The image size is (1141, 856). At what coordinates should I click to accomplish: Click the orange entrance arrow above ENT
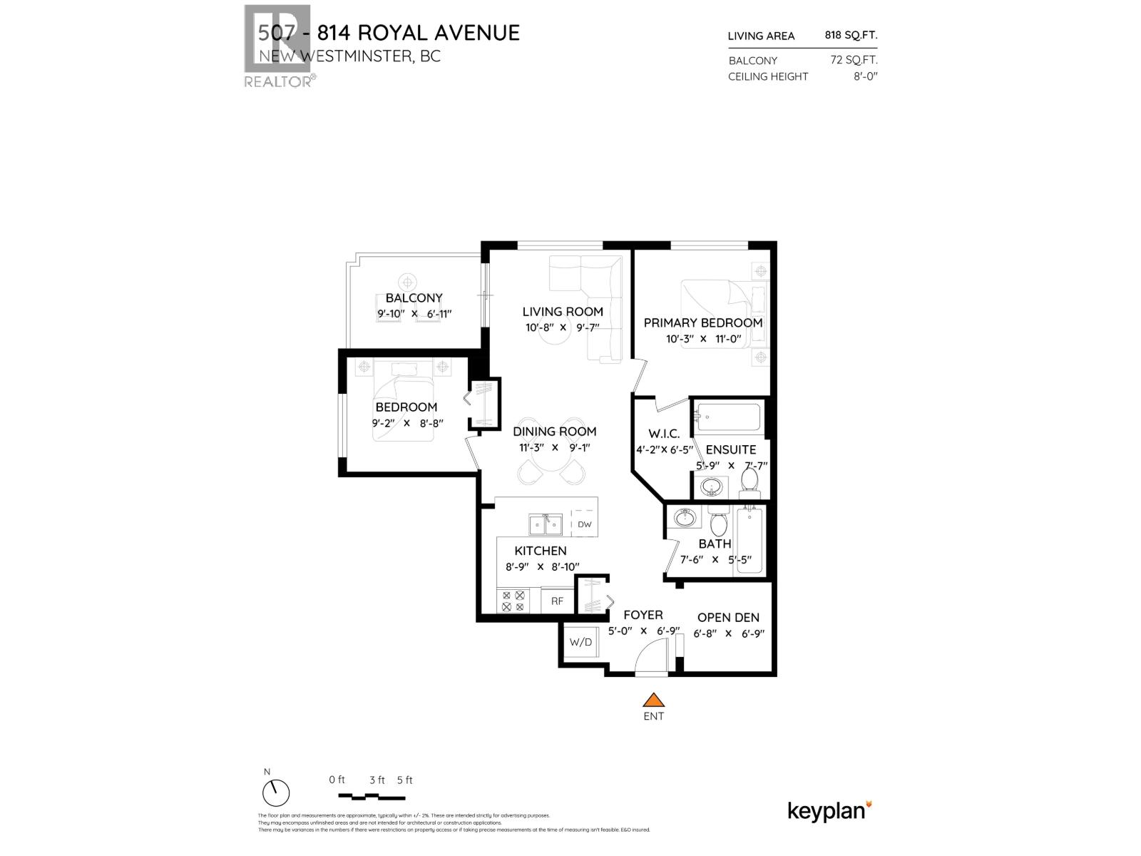click(x=653, y=700)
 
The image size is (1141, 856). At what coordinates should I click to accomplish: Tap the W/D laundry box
click(x=580, y=642)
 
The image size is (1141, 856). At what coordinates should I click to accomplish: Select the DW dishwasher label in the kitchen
click(x=585, y=524)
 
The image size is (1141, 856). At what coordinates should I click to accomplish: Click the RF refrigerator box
click(x=557, y=601)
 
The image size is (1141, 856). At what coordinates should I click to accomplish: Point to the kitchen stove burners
click(x=513, y=601)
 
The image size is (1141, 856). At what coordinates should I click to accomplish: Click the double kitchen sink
click(x=546, y=525)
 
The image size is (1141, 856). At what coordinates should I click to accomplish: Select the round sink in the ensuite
click(x=711, y=487)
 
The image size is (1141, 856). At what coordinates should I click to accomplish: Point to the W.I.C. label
click(x=663, y=434)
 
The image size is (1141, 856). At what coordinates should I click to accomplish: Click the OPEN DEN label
click(x=728, y=618)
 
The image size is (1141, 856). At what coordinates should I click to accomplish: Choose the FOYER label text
click(x=643, y=615)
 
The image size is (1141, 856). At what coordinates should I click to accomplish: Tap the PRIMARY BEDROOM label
click(x=702, y=322)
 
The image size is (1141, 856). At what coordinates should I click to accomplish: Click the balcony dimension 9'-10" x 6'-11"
click(x=414, y=313)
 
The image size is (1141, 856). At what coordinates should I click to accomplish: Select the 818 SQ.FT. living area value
click(x=851, y=35)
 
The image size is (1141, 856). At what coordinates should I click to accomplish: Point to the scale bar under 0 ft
click(x=371, y=796)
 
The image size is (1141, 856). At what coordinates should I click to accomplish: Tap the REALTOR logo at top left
click(x=277, y=46)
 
